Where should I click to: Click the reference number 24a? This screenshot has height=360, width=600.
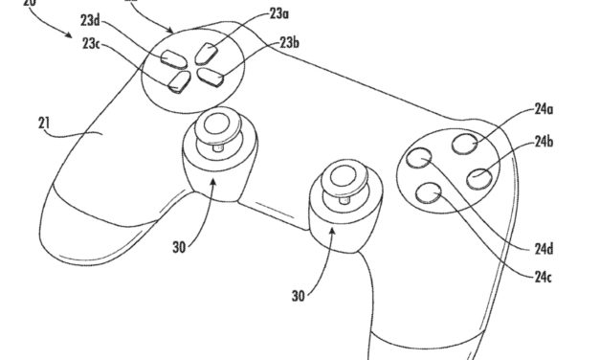tap(544, 111)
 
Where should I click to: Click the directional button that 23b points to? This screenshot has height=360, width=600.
tap(212, 70)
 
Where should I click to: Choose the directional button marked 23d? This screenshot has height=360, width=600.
tap(169, 59)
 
